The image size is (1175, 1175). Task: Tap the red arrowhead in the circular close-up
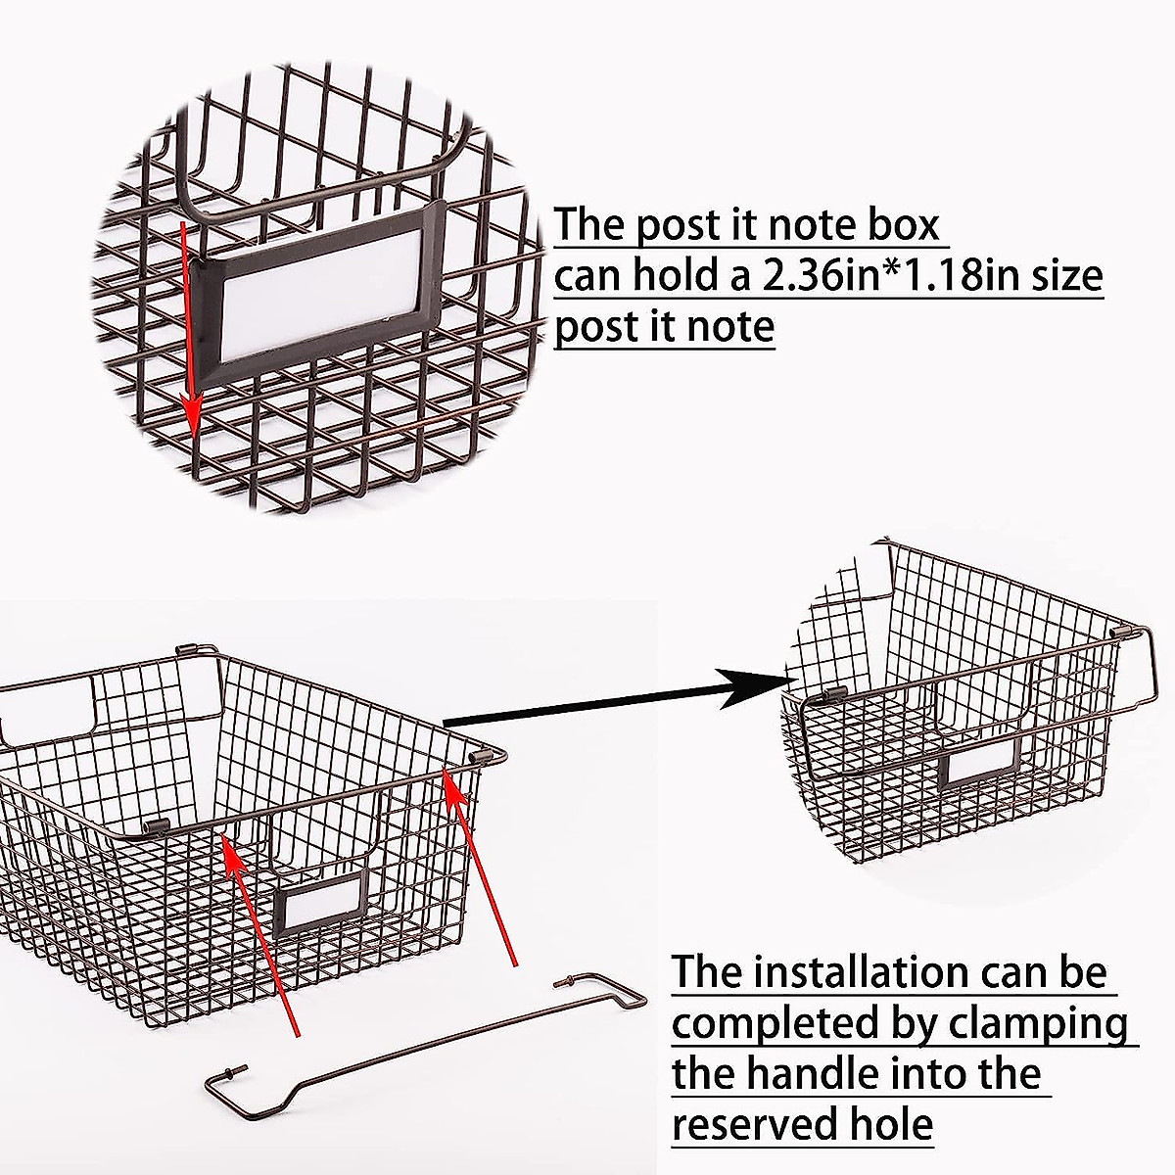[193, 421]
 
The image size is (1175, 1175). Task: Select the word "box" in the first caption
[899, 224]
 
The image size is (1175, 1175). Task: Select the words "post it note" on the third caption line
[664, 326]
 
